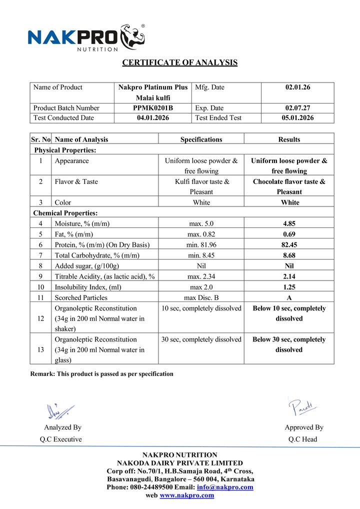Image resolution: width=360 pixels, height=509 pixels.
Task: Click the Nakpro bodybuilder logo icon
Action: click(131, 36)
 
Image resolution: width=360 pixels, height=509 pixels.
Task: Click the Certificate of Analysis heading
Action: click(180, 62)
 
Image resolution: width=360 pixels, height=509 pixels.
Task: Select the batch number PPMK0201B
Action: click(153, 108)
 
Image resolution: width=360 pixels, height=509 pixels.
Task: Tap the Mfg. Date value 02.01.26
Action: click(297, 87)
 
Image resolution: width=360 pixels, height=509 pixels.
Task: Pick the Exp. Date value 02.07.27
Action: click(297, 108)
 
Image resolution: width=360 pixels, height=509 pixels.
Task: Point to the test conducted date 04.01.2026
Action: click(153, 118)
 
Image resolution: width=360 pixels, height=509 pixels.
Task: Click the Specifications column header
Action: click(201, 139)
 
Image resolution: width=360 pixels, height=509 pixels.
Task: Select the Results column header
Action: click(289, 139)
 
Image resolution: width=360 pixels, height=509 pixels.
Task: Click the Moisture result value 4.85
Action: click(289, 224)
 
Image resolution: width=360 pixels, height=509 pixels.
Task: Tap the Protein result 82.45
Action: click(289, 245)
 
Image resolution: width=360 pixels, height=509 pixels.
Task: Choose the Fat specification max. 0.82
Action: click(201, 234)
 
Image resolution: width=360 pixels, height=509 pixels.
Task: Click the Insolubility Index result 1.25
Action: click(289, 287)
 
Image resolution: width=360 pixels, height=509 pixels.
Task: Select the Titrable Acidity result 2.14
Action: click(289, 276)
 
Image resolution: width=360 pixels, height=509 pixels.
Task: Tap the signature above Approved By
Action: click(303, 407)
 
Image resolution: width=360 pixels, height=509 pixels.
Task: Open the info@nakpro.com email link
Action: click(225, 487)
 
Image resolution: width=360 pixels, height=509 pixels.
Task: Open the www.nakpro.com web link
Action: click(186, 495)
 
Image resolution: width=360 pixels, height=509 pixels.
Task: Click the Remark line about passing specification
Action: click(102, 374)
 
